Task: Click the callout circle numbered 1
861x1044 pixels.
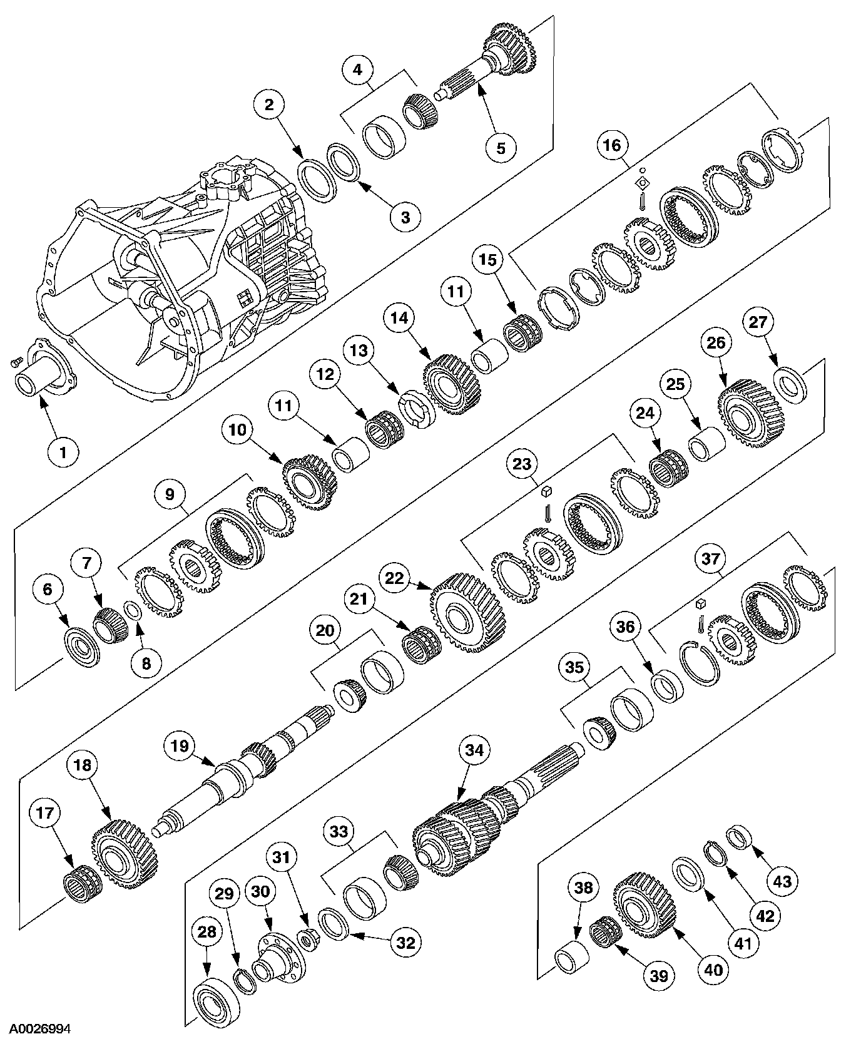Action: tap(61, 451)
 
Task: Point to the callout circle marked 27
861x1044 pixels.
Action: tap(758, 322)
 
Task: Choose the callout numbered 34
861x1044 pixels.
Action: tap(474, 750)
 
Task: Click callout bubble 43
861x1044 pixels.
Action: tap(782, 881)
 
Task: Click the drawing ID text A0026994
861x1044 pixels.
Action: tap(35, 1028)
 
